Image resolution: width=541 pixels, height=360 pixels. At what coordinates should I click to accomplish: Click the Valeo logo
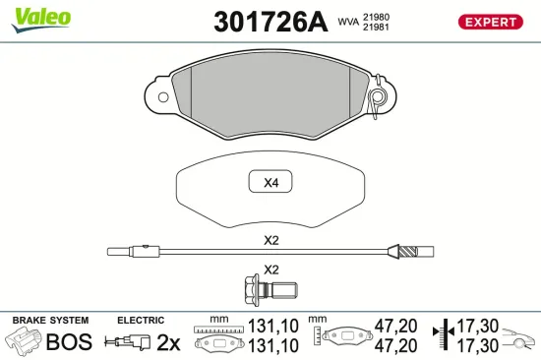coord(41,20)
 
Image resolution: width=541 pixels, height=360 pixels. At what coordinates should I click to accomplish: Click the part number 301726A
coord(270,22)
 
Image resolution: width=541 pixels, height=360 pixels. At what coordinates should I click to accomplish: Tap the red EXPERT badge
coord(490,22)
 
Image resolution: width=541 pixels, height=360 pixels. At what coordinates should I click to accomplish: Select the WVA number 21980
coord(376,17)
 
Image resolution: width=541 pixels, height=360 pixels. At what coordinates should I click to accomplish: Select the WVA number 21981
coord(376,27)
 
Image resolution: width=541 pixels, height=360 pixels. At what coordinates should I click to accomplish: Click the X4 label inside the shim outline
coord(270,183)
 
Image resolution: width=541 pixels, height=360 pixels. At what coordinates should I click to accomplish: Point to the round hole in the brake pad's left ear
coord(163,97)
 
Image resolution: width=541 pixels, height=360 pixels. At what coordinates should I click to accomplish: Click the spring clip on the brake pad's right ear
coord(377,96)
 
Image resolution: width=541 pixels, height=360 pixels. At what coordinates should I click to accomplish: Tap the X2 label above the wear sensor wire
coord(270,240)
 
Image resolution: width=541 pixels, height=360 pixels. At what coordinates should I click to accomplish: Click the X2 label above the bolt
coord(270,270)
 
